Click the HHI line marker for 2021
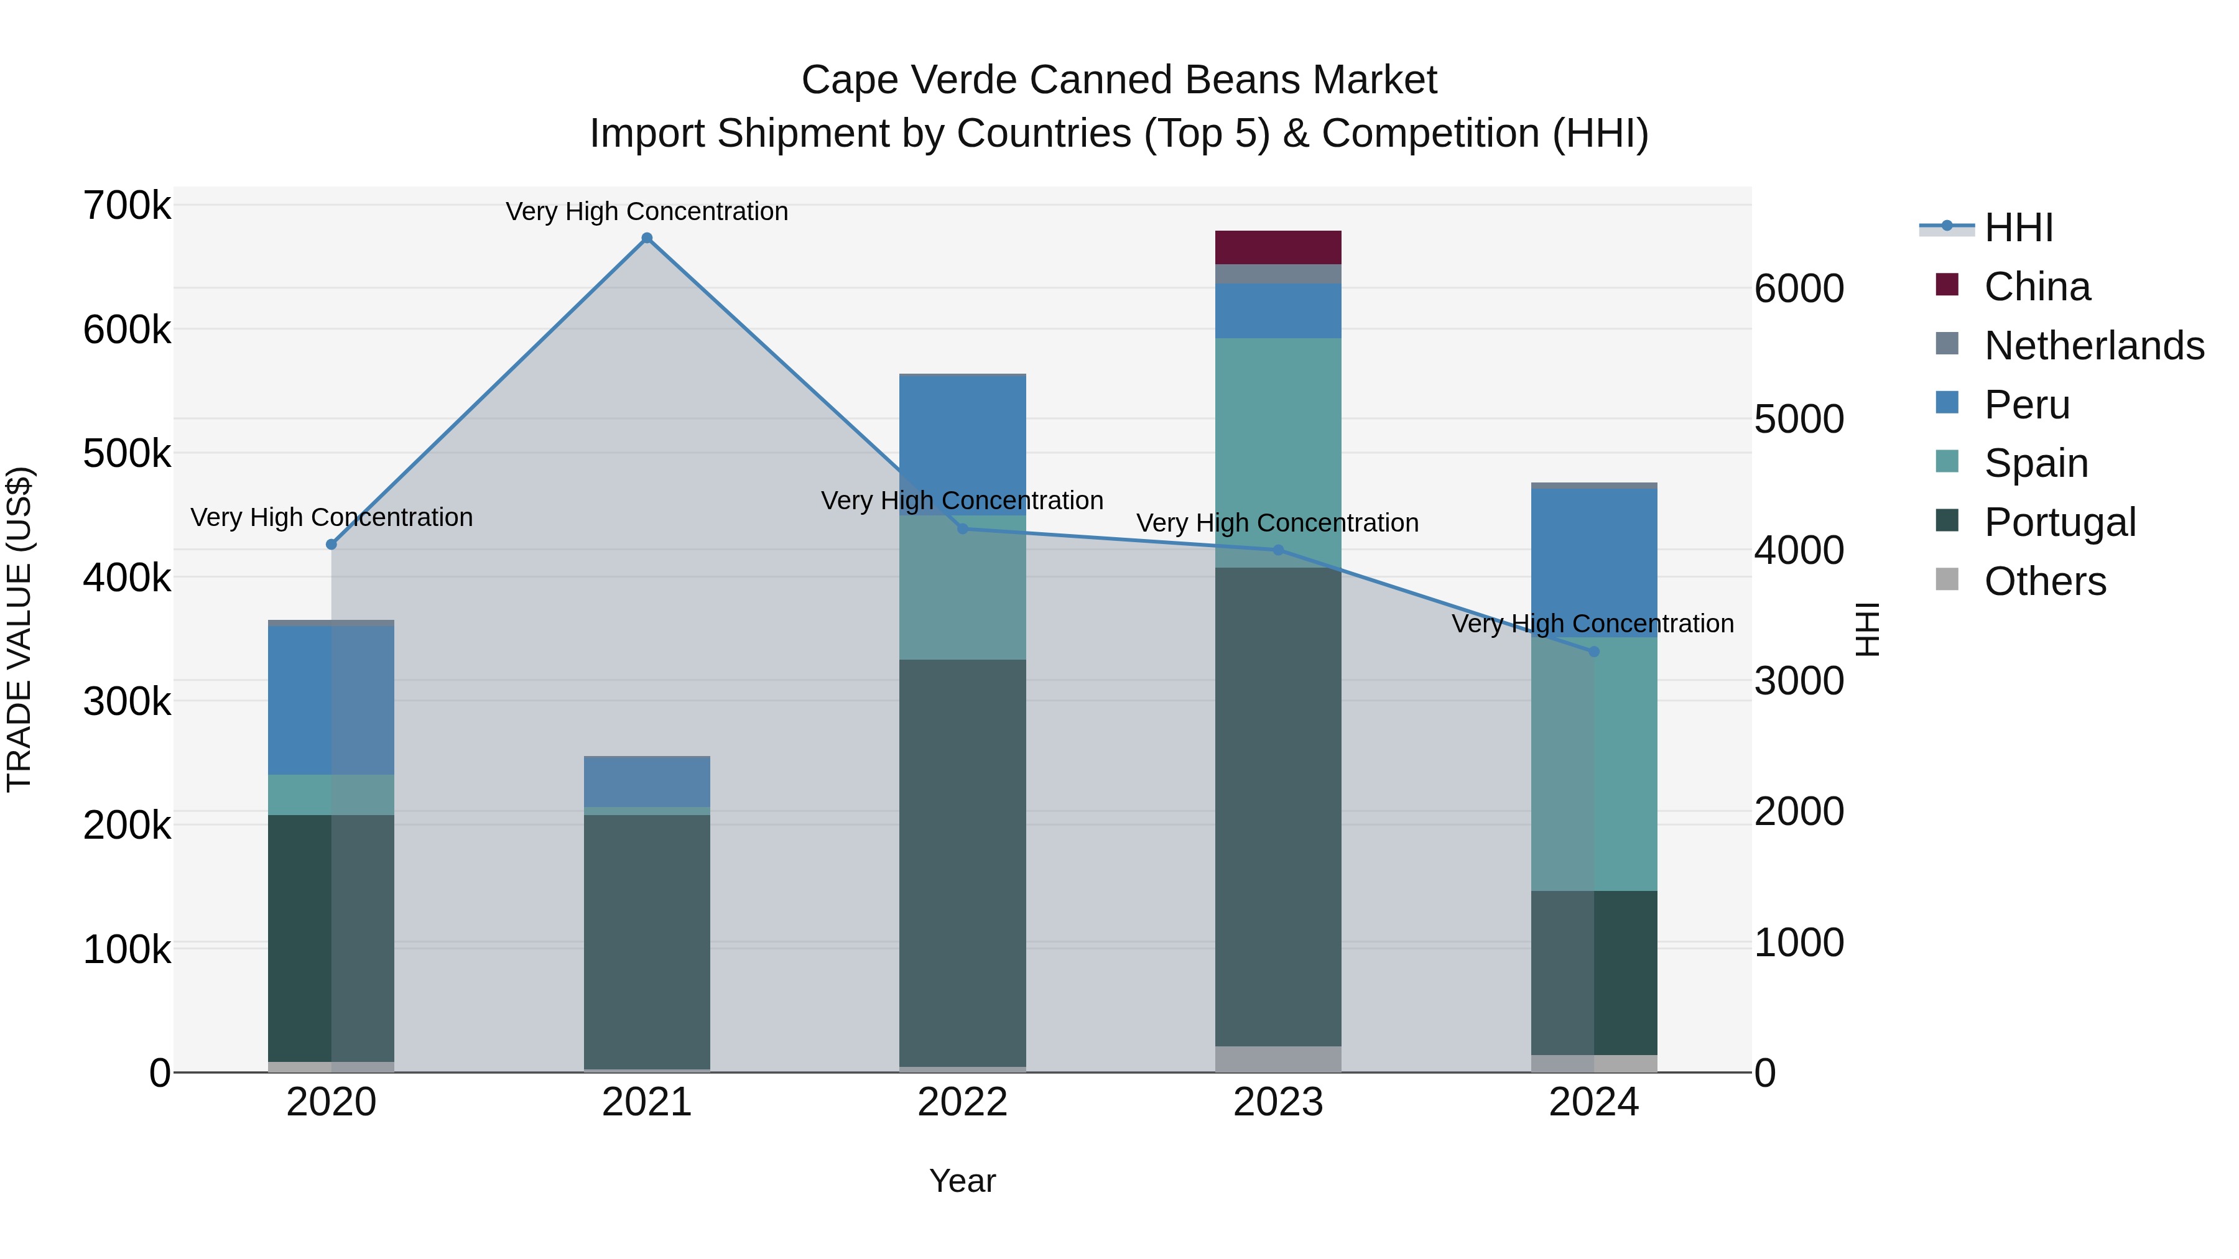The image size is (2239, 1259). point(647,238)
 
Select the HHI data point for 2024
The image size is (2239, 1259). point(1593,652)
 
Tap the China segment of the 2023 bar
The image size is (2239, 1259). point(1277,247)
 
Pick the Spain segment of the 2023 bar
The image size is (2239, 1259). point(1277,452)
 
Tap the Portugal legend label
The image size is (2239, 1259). point(2059,522)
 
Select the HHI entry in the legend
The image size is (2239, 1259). point(2018,228)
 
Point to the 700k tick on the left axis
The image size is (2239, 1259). point(127,207)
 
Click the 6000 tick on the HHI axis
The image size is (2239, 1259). point(1798,288)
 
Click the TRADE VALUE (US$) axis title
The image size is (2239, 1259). point(19,629)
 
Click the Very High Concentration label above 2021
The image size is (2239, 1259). point(647,212)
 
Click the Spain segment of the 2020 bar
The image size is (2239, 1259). point(331,794)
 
